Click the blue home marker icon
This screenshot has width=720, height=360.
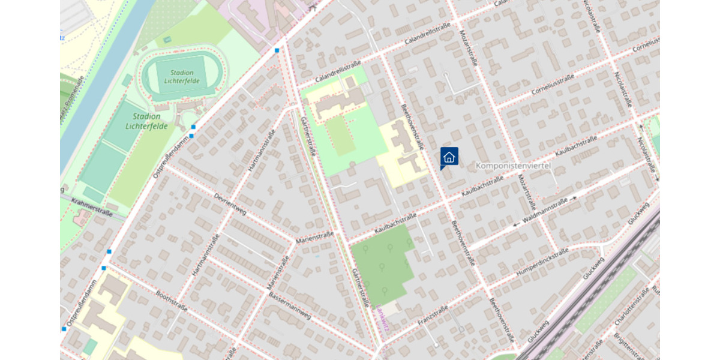449,157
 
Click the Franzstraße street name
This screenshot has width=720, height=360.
433,314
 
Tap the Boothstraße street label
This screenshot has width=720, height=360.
172,301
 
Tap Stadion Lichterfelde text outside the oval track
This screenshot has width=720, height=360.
143,121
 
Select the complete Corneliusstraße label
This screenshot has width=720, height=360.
553,86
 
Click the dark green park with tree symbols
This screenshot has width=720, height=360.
381,264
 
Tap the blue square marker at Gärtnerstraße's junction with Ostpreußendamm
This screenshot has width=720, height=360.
277,50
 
